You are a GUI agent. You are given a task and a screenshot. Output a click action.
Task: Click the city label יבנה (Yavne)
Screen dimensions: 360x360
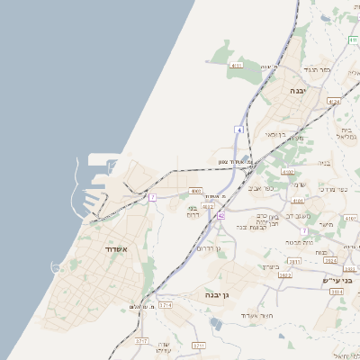299,91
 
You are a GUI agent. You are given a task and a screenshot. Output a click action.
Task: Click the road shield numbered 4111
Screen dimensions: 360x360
237,66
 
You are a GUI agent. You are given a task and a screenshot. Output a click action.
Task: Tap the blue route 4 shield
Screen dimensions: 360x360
239,130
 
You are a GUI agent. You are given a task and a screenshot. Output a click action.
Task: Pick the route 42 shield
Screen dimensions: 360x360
220,215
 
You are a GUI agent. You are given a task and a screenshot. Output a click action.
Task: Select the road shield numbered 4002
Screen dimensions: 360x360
195,191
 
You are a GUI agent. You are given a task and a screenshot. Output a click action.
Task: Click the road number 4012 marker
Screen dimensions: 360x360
207,206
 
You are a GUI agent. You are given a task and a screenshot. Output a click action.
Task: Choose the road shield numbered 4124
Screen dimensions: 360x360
334,102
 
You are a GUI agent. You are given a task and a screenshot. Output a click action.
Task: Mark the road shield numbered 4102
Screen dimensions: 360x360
287,171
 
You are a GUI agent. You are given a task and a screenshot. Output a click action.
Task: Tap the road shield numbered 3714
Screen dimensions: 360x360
165,305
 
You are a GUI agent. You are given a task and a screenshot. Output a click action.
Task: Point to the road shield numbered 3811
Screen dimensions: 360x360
294,260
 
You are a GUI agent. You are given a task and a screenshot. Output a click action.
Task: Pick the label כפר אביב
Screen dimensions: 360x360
276,188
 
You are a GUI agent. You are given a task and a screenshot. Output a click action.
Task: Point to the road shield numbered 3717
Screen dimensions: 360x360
141,341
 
